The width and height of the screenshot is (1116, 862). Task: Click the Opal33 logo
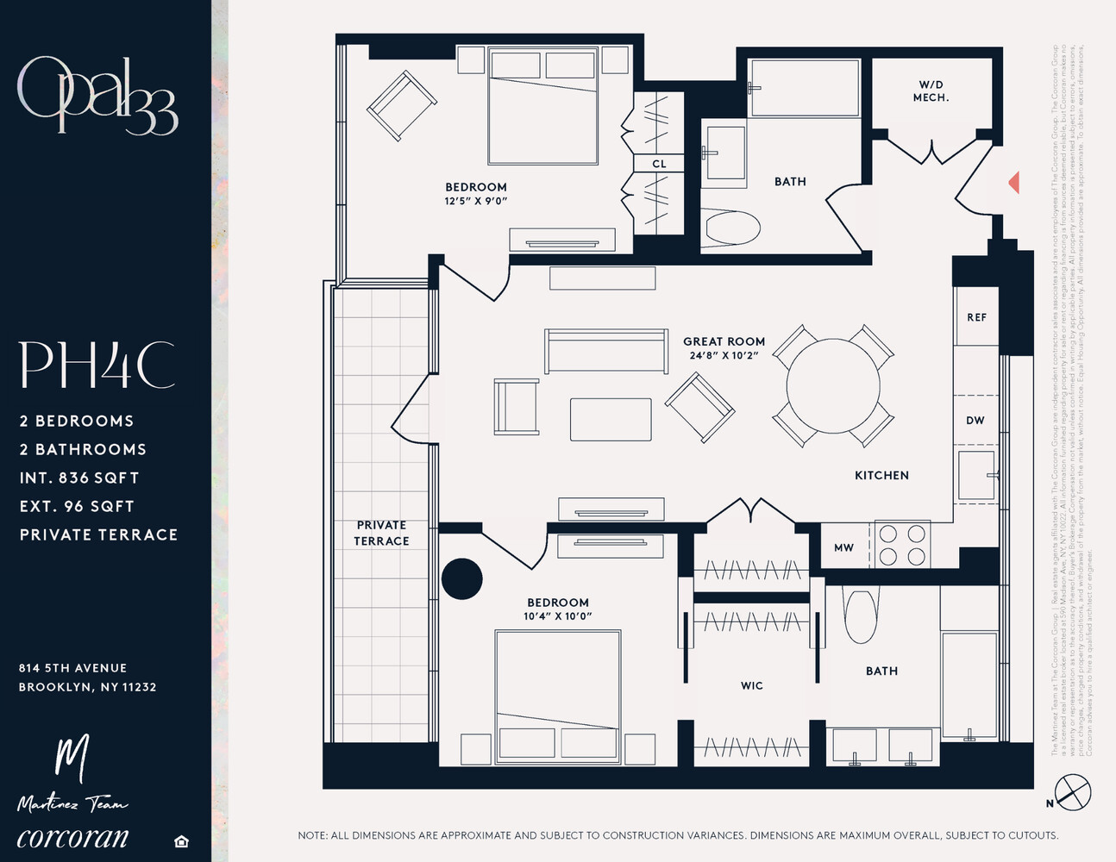click(x=97, y=95)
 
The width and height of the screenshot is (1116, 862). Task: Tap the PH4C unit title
click(x=97, y=365)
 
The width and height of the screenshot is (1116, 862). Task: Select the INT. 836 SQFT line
click(x=79, y=478)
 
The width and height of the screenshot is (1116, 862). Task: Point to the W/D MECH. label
click(x=931, y=91)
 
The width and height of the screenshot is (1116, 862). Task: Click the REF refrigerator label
click(x=976, y=317)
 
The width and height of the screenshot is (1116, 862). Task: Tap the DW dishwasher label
click(x=975, y=421)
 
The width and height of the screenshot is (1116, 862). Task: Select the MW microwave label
click(x=843, y=547)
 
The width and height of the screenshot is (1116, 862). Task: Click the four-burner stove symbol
click(x=902, y=545)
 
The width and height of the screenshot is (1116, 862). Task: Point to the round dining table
click(x=833, y=385)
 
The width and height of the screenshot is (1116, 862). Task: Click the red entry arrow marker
click(x=1014, y=183)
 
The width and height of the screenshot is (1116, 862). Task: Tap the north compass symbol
click(x=1072, y=792)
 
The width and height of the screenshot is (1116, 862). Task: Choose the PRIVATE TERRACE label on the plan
click(x=381, y=533)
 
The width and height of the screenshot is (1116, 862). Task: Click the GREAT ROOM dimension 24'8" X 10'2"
click(x=724, y=355)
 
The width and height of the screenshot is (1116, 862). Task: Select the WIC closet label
click(x=751, y=686)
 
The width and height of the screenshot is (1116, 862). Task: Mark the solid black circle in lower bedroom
click(x=462, y=578)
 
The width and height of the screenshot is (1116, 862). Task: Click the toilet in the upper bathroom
click(x=731, y=229)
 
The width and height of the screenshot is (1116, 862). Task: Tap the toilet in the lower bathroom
click(x=860, y=615)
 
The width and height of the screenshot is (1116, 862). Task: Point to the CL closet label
click(x=659, y=164)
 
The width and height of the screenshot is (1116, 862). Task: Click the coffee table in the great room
click(x=611, y=419)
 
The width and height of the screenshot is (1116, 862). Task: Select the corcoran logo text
click(x=72, y=837)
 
